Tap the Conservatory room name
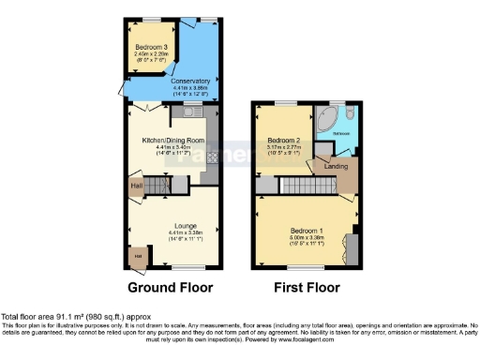point(190,82)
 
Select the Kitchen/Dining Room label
point(172,141)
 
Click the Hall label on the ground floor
point(137,186)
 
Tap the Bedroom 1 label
point(306,230)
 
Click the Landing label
point(337,168)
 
